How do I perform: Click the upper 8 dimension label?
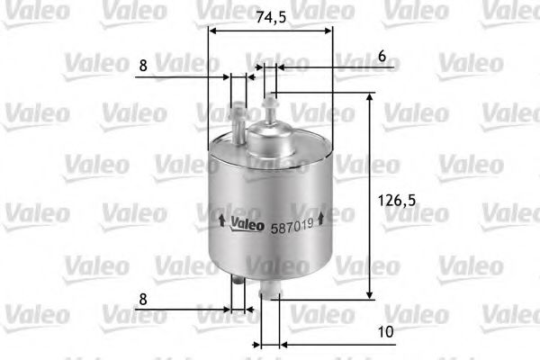143,67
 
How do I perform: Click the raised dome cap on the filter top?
270,139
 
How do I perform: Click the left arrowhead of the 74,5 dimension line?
212,30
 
